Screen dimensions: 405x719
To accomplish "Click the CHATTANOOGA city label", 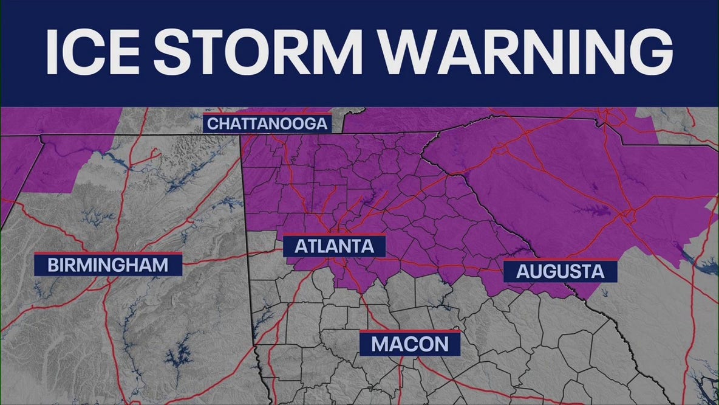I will [268, 124].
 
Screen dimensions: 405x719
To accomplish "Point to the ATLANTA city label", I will [334, 247].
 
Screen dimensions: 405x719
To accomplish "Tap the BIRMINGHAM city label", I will [100, 265].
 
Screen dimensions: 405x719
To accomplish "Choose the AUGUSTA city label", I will [560, 271].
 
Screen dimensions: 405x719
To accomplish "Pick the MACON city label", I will [409, 344].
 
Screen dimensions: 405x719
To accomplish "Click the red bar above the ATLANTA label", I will [334, 235].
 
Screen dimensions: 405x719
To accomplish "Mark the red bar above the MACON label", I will [409, 331].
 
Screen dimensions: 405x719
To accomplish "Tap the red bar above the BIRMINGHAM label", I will [100, 252].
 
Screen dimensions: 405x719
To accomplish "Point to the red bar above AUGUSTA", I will [560, 259].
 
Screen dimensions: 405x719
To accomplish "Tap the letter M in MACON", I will [381, 344].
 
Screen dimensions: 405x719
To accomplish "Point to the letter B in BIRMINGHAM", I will [53, 265].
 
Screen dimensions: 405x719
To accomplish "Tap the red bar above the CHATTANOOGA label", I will [268, 114].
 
